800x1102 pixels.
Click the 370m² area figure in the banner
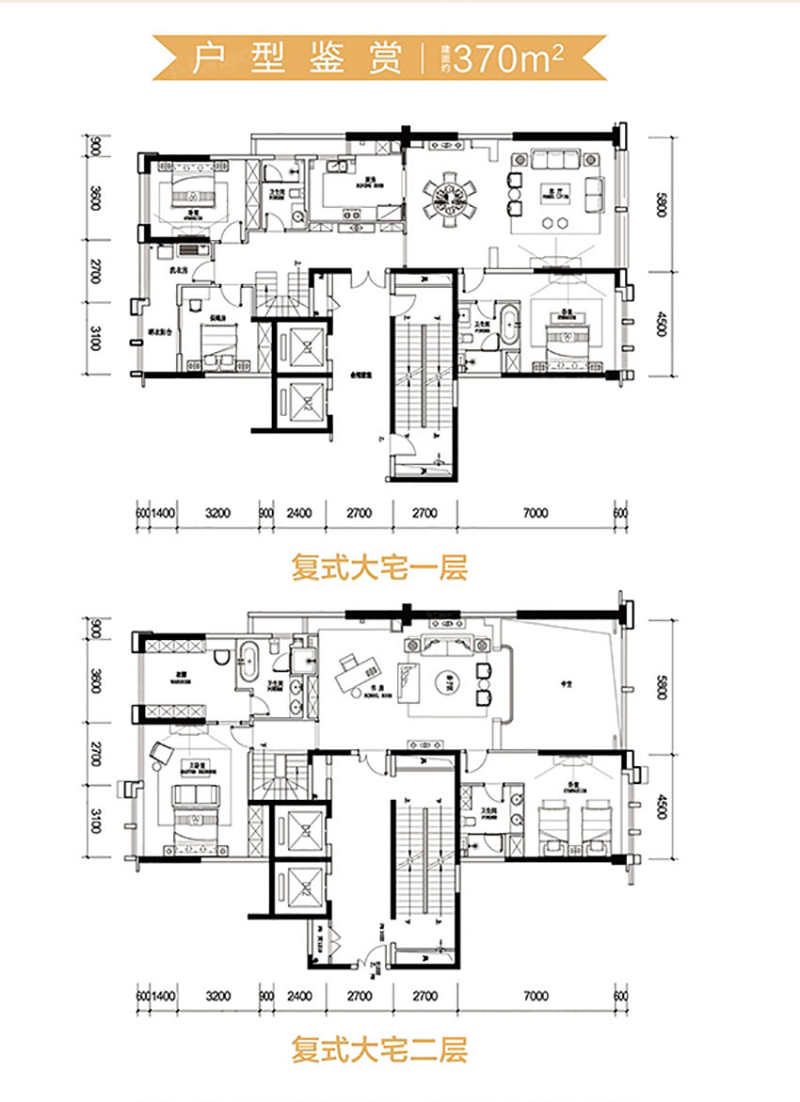pyautogui.click(x=508, y=58)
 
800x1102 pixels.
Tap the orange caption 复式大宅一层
pyautogui.click(x=379, y=569)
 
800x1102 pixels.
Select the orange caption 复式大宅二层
pyautogui.click(x=379, y=1048)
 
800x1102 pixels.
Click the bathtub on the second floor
pyautogui.click(x=248, y=663)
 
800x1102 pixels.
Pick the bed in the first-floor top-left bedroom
pyautogui.click(x=199, y=194)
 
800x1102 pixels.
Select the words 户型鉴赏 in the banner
pyautogui.click(x=297, y=58)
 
